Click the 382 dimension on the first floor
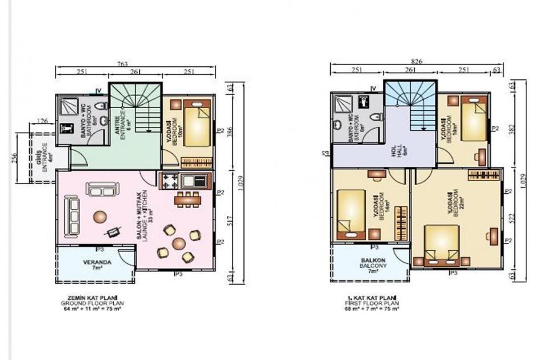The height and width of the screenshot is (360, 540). click(512, 128)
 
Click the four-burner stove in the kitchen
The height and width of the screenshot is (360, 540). click(170, 181)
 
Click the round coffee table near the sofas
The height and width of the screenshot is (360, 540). click(100, 217)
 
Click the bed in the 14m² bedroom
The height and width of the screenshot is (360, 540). click(350, 212)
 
